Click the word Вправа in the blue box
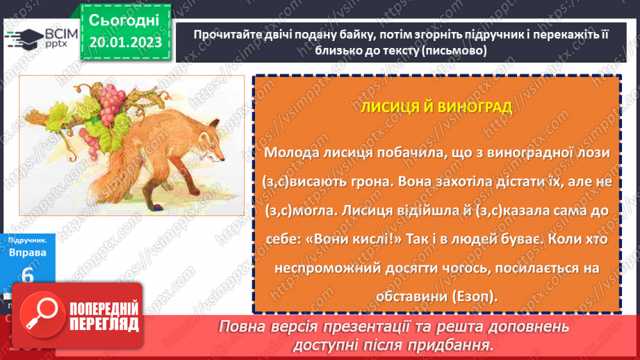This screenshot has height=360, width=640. (x=28, y=252)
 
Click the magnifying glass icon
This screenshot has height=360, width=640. (x=39, y=315)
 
